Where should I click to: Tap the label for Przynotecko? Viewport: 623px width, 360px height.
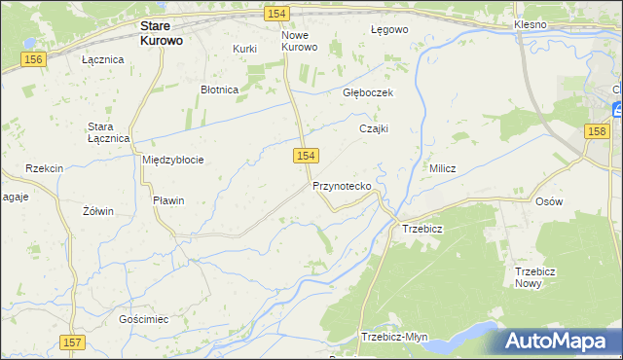pyautogui.click(x=342, y=185)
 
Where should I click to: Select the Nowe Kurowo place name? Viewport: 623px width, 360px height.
pyautogui.click(x=300, y=41)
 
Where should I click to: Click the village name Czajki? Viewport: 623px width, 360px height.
pyautogui.click(x=374, y=127)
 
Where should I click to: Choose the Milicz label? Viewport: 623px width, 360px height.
pyautogui.click(x=443, y=168)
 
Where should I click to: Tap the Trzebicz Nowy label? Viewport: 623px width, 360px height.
pyautogui.click(x=534, y=277)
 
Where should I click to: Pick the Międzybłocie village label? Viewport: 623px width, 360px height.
pyautogui.click(x=172, y=160)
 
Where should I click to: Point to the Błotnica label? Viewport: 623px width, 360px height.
pyautogui.click(x=219, y=90)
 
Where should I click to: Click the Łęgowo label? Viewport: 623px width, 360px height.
pyautogui.click(x=389, y=29)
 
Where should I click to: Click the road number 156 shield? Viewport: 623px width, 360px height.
pyautogui.click(x=34, y=60)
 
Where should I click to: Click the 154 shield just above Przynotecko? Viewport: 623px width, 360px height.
pyautogui.click(x=306, y=156)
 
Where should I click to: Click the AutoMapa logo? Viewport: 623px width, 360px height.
pyautogui.click(x=558, y=342)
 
